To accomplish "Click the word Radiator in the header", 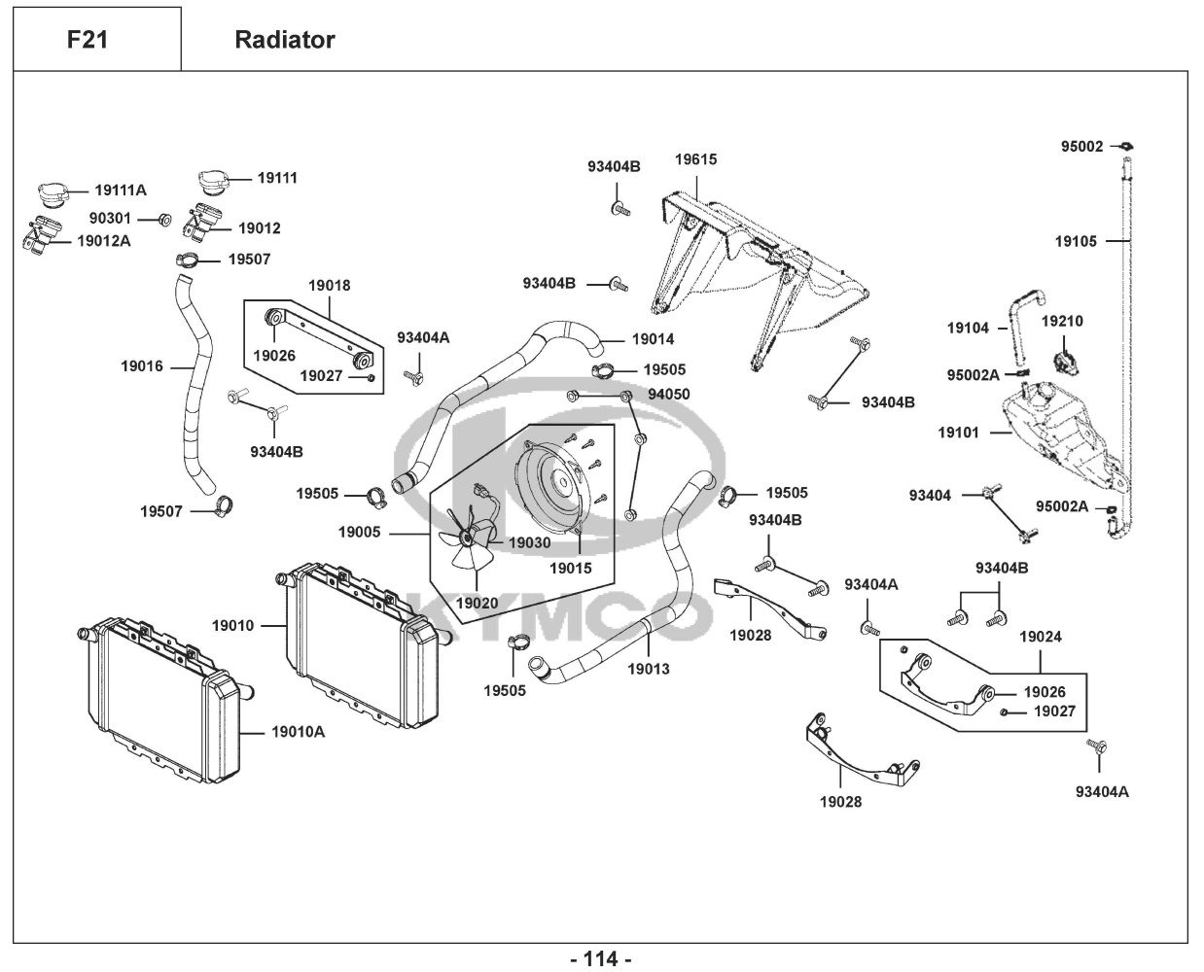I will pos(285,40).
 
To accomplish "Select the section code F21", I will pos(88,40).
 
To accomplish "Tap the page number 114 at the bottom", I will pos(600,958).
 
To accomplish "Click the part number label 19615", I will pos(695,159).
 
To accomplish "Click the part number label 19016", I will pos(141,367).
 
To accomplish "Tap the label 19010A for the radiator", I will pos(298,731).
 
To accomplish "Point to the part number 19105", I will pos(1076,241).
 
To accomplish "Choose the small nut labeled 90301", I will pos(165,219).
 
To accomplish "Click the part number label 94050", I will pos(669,395).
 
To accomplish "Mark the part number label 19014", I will pos(653,339).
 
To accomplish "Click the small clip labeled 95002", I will pos(1126,147).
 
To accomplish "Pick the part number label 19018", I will pos(330,286).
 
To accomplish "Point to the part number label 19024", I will pos(1041,638).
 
